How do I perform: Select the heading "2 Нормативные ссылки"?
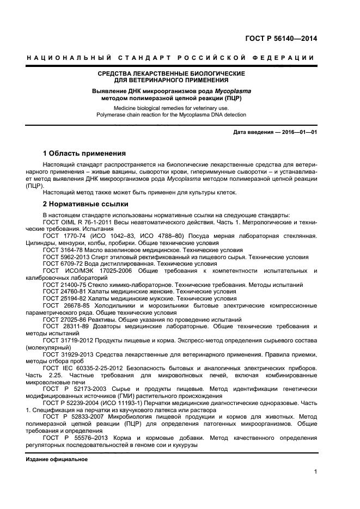pyautogui.click(x=86, y=204)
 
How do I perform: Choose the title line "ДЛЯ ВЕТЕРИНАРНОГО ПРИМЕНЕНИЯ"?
pyautogui.click(x=171, y=80)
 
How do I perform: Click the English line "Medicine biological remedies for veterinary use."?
pyautogui.click(x=171, y=108)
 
